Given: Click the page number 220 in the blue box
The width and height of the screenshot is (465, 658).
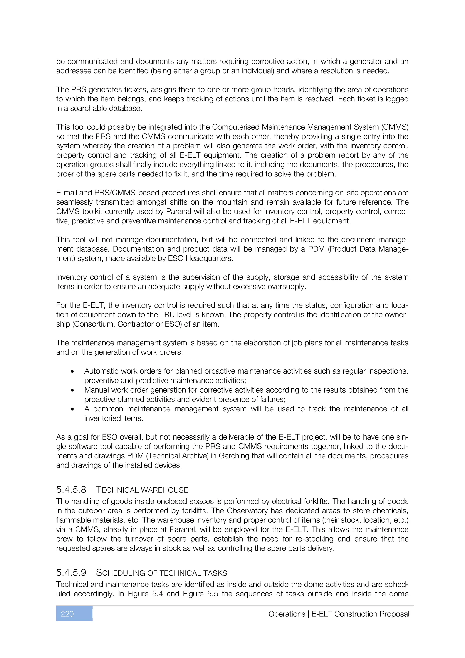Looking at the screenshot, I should click(x=67, y=614).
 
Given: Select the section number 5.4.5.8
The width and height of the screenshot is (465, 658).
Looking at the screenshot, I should click(x=71, y=490).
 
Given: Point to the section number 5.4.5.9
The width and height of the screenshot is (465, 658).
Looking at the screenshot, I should click(x=71, y=573).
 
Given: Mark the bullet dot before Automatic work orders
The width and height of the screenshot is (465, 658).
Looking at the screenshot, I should click(x=72, y=371).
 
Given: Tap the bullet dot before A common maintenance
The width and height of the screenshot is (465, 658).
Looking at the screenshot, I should click(x=72, y=409).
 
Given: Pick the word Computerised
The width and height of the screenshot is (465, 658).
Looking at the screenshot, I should click(x=235, y=127).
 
